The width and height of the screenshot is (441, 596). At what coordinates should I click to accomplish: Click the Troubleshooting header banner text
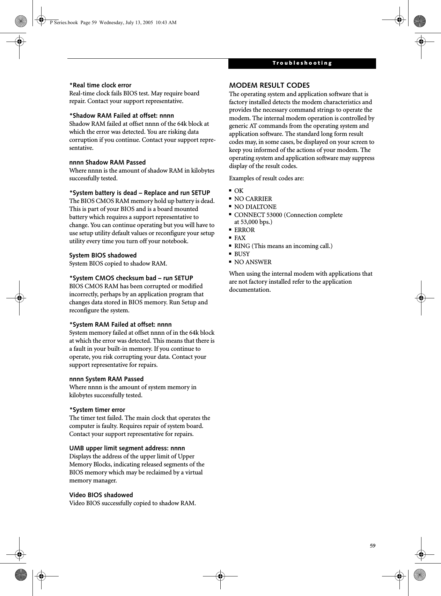302,63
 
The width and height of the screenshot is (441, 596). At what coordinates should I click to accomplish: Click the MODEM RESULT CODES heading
269,85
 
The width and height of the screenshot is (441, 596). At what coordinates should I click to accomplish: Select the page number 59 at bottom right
373,546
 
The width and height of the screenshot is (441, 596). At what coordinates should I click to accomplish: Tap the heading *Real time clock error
101,85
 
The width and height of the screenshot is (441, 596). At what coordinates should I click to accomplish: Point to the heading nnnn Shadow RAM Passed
108,162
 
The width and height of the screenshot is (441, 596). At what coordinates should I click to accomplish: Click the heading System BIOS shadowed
103,255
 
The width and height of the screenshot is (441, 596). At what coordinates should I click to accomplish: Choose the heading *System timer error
97,410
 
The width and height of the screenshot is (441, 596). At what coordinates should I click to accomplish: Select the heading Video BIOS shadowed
101,495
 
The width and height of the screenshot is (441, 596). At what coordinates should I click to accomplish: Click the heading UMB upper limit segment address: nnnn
127,448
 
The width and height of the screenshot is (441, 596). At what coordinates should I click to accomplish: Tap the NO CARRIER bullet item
253,199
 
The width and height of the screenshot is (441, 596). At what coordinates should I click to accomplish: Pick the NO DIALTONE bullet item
255,207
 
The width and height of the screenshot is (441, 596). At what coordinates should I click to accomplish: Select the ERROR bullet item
244,230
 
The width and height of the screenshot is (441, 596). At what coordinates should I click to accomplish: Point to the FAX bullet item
240,238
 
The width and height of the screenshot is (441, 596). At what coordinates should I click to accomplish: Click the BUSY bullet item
242,254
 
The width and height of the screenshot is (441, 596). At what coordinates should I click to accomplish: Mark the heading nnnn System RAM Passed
106,379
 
